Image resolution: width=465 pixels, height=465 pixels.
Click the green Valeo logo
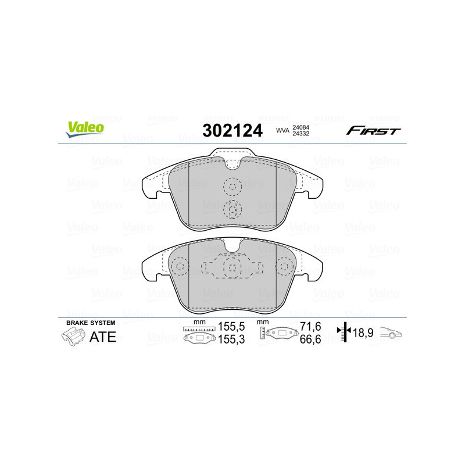tap(85, 129)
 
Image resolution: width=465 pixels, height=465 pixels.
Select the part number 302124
tap(233, 130)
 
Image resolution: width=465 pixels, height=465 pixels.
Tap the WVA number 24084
tap(301, 127)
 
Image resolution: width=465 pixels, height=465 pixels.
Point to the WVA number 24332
tap(301, 134)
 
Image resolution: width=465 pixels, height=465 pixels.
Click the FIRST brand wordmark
tap(373, 131)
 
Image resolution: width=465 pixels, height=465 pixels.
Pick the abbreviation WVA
tap(282, 130)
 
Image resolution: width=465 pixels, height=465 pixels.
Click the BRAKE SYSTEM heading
tap(91, 323)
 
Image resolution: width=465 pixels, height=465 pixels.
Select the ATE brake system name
tap(103, 337)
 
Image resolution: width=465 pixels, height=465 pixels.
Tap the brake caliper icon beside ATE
tap(73, 337)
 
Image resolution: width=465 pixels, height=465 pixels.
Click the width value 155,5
tap(231, 327)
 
